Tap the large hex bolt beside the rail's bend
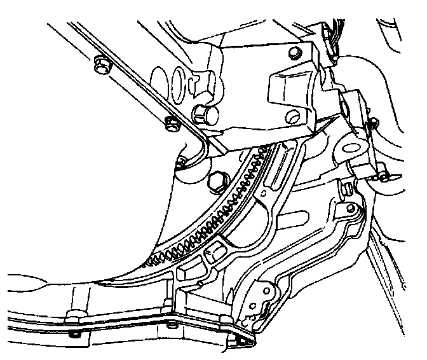coord(205,114)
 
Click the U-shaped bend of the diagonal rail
coord(198,153)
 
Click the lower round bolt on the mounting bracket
coord(292,116)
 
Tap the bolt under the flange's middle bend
coord(170,326)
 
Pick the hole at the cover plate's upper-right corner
coord(351,208)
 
